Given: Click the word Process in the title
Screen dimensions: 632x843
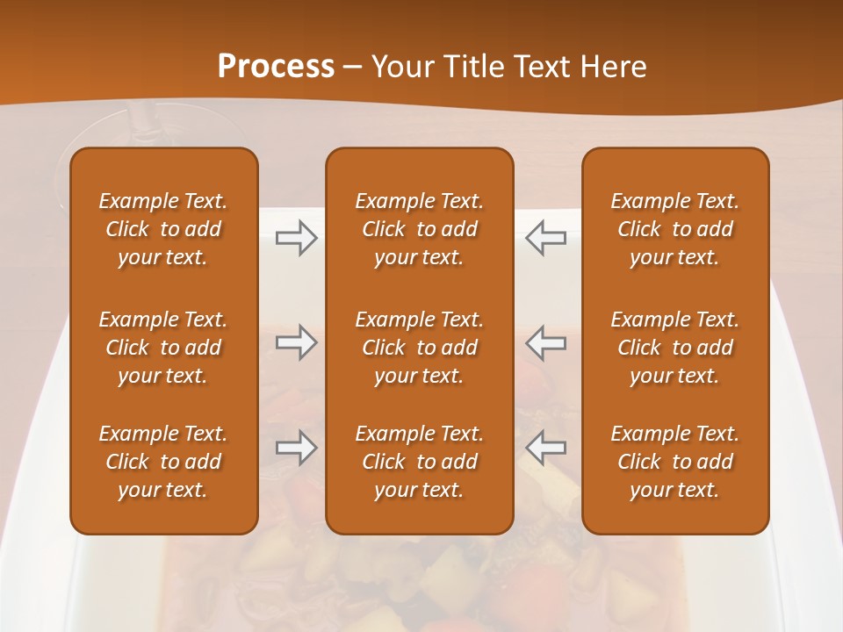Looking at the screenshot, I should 276,67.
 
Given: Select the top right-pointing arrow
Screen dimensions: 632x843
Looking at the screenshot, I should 297,238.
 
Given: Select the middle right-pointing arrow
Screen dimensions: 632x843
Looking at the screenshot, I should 297,342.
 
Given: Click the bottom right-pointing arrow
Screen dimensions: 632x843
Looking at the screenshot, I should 297,448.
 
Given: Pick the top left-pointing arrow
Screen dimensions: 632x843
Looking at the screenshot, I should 546,238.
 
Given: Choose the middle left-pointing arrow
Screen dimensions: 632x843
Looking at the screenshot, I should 546,342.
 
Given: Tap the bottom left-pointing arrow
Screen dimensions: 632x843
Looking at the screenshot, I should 546,448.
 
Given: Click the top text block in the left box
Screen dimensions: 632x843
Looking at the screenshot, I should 163,229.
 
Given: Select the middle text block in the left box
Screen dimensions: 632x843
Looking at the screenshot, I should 163,348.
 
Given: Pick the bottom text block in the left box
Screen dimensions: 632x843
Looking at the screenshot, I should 163,462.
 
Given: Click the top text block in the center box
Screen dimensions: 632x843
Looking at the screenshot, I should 419,229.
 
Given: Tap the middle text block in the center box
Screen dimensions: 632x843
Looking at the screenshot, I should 419,348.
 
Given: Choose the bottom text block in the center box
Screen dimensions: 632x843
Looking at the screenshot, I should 419,462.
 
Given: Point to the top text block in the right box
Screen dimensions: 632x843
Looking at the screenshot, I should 674,229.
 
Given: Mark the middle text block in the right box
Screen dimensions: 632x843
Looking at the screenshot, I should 674,348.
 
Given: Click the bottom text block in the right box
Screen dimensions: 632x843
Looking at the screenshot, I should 674,462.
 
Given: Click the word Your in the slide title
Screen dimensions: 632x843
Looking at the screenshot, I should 403,67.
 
